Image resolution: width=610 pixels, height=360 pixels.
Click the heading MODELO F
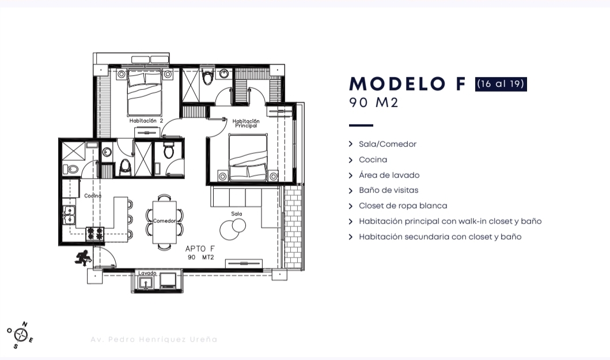coord(407,84)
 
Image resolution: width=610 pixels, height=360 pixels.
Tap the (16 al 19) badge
coord(501,84)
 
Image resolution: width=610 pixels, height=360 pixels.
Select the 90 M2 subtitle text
coord(374,103)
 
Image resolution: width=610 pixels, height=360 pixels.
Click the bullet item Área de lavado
coord(389,175)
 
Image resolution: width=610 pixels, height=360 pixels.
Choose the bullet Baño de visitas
coord(389,190)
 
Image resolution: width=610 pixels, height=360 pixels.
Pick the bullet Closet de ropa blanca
coord(403,206)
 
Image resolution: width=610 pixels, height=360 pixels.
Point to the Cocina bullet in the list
coord(373,160)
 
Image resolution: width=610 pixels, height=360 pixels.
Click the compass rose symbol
coord(20,335)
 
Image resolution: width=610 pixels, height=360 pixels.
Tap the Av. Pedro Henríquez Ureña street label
coord(154,339)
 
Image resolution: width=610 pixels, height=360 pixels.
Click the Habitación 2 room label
coord(146,120)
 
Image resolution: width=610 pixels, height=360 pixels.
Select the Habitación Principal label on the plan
coord(246,123)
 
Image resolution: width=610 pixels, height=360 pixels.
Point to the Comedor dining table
coord(164,222)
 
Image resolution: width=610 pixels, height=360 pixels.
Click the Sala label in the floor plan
coord(237,214)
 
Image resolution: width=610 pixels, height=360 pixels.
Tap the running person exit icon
coord(82,258)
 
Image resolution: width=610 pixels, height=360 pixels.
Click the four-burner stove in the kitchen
coord(95,233)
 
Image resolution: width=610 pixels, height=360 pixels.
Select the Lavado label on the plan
coord(147,273)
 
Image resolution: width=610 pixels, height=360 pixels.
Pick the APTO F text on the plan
coord(200,249)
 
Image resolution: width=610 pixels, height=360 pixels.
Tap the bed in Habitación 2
coord(145,93)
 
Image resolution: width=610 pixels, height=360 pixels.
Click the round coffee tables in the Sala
coord(233,229)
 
